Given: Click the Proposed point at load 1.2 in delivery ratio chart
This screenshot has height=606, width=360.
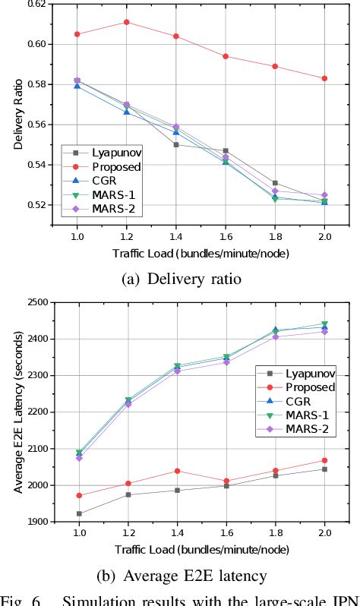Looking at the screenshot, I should pos(126,22).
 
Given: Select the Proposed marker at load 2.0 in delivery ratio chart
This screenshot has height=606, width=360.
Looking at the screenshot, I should pos(324,78).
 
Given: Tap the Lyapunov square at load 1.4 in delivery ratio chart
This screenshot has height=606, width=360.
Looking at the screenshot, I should pos(176,144).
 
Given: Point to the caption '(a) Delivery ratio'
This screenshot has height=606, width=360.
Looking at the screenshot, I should pos(181,279).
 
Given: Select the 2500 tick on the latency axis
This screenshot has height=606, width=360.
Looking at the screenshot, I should pos(38,302).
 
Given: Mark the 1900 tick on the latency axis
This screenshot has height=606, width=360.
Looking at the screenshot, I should pos(38,522).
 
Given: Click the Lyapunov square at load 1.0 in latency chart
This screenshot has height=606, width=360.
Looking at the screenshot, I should pos(77,513).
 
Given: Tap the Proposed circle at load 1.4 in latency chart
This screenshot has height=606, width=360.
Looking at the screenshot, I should pos(176,471).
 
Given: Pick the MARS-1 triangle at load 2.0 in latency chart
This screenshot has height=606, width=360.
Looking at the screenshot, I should pos(324,324).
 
